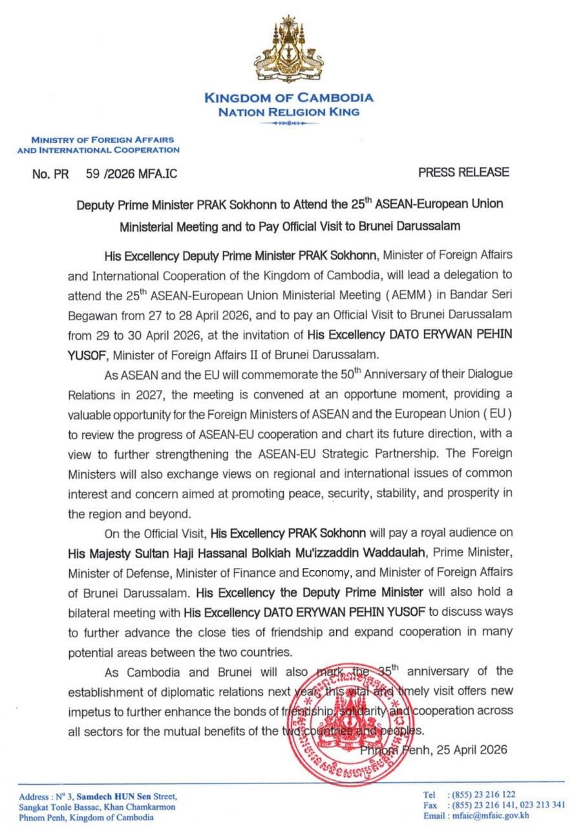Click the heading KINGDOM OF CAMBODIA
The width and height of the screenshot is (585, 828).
point(288,98)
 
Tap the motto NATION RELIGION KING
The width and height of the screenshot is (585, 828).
point(288,111)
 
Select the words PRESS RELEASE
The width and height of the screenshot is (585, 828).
point(463,172)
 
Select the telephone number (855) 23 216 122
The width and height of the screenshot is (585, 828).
point(477,794)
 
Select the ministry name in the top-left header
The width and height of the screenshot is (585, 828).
point(98,145)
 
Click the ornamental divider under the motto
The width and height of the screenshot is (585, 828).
point(288,123)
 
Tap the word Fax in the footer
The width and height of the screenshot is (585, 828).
point(429,805)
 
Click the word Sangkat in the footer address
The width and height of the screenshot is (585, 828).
point(36,807)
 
